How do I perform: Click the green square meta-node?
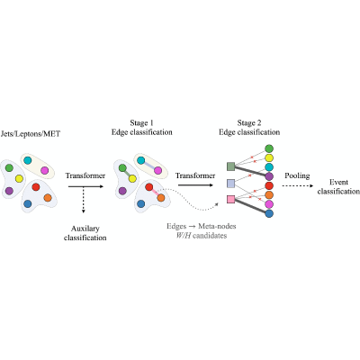click(x=230, y=166)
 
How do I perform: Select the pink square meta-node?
click(x=230, y=199)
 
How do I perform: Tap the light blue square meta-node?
click(x=230, y=183)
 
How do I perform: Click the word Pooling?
click(x=297, y=175)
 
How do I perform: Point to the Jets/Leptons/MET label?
click(x=31, y=134)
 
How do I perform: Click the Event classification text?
click(x=338, y=187)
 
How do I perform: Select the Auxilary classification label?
click(x=85, y=233)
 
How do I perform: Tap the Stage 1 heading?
click(x=141, y=123)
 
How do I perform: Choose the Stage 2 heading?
click(x=249, y=123)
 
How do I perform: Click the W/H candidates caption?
click(x=201, y=236)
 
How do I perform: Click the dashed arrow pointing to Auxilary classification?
click(x=84, y=200)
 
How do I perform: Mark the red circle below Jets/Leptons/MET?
click(x=36, y=187)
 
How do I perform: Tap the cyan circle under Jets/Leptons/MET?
click(x=27, y=160)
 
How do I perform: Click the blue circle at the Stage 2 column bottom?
click(x=269, y=213)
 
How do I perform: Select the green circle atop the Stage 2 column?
click(x=269, y=148)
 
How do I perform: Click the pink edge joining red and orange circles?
click(x=155, y=193)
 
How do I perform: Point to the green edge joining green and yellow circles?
click(x=128, y=174)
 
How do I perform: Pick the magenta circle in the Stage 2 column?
click(x=269, y=204)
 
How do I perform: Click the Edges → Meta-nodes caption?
click(x=202, y=226)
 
